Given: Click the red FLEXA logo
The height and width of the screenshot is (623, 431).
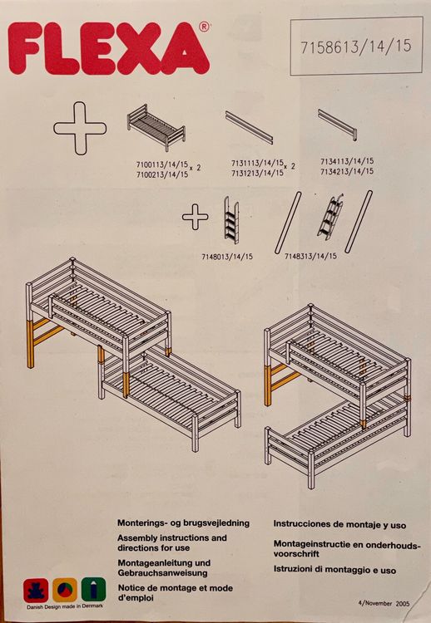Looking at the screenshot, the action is tap(109, 48).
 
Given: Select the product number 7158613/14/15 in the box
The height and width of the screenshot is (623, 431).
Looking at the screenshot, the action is tap(356, 46).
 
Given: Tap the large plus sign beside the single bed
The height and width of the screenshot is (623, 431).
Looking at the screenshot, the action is tap(80, 128).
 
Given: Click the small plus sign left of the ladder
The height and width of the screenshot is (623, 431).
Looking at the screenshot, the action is tap(195, 217).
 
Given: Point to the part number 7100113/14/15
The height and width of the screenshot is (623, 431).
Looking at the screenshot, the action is tap(162, 164).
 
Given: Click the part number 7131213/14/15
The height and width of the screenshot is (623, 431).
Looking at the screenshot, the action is tap(257, 173).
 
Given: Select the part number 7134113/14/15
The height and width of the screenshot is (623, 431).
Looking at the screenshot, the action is tap(347, 161).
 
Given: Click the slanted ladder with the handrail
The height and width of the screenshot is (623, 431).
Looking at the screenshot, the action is tap(330, 217).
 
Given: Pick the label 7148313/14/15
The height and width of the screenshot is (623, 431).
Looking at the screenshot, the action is tap(310, 257).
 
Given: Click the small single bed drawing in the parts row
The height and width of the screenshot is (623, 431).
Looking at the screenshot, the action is tap(156, 127).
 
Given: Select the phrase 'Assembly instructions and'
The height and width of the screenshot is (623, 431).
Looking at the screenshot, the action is tap(172, 538).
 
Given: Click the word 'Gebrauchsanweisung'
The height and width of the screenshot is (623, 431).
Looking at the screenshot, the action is tap(162, 573).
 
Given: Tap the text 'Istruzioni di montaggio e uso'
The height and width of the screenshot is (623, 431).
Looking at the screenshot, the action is tap(334, 570).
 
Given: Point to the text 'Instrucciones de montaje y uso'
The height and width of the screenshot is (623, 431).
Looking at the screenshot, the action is tap(339, 525).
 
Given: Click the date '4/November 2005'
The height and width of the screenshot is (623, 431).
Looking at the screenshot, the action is tap(384, 603).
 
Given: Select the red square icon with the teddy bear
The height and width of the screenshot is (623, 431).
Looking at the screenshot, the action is tap(36, 591).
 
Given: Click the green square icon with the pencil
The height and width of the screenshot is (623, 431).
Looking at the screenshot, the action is tap(94, 589).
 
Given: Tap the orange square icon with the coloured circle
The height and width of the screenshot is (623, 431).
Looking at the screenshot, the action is tap(65, 590).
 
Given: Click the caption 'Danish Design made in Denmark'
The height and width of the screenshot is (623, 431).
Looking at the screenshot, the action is tap(65, 606).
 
